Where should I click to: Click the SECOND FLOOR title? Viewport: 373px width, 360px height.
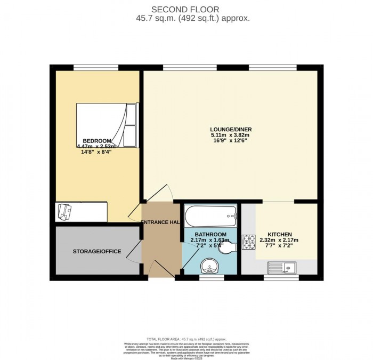pos(186,9)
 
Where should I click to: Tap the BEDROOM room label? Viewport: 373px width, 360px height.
pos(94,141)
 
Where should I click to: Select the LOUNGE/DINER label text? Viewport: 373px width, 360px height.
pos(231,129)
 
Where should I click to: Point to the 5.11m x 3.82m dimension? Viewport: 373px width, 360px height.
pos(231,135)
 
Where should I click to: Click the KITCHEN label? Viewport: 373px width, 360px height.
pos(279,234)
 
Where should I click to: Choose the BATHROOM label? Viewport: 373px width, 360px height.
pos(210,235)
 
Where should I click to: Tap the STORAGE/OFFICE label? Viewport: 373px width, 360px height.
pos(97,251)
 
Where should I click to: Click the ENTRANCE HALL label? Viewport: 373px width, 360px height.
pos(161,222)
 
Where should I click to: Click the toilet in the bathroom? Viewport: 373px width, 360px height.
pos(228,249)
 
